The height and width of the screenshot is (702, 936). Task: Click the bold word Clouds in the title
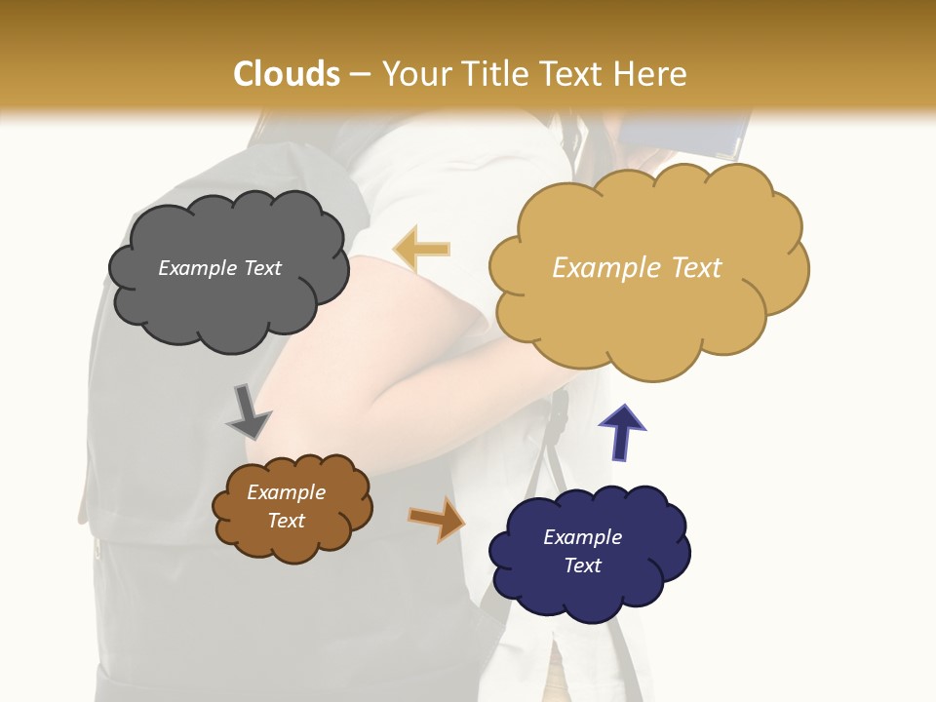[287, 74]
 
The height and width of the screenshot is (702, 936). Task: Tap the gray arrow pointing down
[249, 413]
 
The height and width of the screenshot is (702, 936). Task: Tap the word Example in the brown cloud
[286, 492]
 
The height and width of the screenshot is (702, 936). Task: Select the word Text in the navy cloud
[582, 565]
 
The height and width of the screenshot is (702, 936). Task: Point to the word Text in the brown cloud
[286, 521]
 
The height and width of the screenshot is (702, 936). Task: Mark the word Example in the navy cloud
[582, 537]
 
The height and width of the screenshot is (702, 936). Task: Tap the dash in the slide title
[360, 75]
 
